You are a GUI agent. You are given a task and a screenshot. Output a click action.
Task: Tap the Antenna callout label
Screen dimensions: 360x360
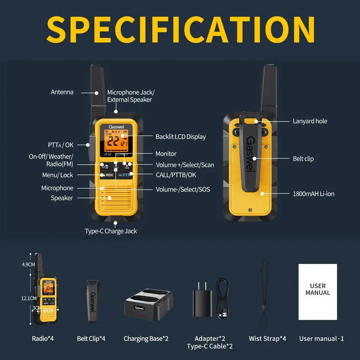tap(62, 92)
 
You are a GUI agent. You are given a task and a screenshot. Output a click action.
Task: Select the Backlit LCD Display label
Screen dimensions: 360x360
tap(180, 136)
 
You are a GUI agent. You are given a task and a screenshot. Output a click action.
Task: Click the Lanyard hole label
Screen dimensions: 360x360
tap(310, 121)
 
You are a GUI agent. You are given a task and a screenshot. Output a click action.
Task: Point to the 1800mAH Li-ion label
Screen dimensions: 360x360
tap(314, 194)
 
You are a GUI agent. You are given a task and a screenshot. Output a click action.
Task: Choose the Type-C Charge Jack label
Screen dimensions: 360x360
tap(111, 231)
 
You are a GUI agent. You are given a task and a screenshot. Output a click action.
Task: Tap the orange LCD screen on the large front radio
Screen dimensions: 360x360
tap(116, 142)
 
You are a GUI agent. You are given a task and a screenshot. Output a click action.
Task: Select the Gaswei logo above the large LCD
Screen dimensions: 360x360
tap(116, 126)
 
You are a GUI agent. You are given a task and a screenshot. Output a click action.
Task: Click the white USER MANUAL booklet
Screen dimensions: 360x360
tap(318, 292)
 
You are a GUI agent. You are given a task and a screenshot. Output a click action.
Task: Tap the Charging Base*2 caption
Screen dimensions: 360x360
tap(146, 338)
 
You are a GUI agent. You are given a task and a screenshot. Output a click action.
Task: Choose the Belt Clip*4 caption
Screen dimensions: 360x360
tap(91, 338)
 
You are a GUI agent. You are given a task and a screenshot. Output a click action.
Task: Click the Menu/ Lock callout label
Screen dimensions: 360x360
tap(58, 175)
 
